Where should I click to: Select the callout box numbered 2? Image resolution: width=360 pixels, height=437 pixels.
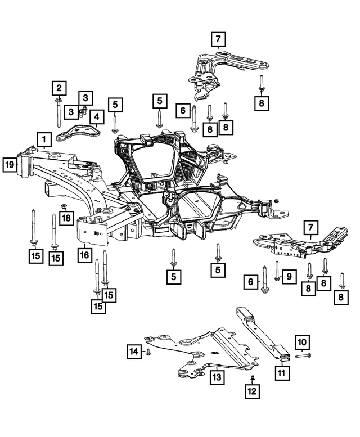click(58, 88)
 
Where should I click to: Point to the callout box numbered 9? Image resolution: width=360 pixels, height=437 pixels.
click(287, 276)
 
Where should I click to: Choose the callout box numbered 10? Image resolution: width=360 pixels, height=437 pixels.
click(301, 341)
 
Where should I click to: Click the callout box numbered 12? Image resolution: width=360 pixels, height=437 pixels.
click(253, 391)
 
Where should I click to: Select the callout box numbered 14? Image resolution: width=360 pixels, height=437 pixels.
click(133, 352)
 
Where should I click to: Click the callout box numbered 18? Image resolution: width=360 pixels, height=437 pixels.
click(66, 218)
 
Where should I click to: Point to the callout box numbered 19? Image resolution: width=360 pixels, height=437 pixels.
click(10, 164)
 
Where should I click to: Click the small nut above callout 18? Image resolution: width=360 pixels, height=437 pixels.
click(64, 205)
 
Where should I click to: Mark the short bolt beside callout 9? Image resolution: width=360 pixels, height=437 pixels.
click(277, 271)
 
